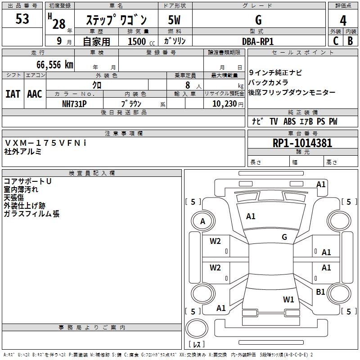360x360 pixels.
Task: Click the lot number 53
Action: point(22,19)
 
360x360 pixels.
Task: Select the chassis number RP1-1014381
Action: point(302,143)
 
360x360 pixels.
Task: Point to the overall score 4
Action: point(343,20)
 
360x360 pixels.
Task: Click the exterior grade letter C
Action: point(335,41)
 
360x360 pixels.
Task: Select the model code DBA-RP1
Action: point(258,41)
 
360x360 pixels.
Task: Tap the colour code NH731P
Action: point(74,103)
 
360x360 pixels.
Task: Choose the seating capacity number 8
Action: point(186,85)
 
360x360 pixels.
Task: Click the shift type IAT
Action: point(13,94)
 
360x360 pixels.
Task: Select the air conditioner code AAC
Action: point(35,94)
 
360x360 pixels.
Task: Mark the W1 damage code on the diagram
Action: point(288,299)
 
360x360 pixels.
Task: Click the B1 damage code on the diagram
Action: point(320,292)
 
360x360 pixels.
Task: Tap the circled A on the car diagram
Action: point(202,221)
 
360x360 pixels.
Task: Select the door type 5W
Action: point(174,20)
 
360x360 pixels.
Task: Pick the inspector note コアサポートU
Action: point(27,181)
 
